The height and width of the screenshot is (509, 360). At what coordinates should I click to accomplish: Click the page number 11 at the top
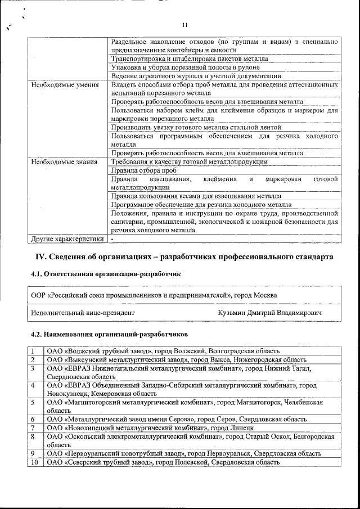coord(184,25)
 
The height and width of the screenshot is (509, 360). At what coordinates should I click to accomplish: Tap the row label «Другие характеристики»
coord(67,238)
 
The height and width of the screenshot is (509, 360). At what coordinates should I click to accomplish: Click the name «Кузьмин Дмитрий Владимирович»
coord(269,312)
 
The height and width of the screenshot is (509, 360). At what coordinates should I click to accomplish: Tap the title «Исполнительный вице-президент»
coord(83,312)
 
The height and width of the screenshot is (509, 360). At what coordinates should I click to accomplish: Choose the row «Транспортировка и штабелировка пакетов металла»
coord(190,58)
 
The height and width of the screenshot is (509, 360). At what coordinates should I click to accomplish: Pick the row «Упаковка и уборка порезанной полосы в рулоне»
coord(185,67)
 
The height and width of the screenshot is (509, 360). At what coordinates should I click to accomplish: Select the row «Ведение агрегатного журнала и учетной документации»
coord(196,76)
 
